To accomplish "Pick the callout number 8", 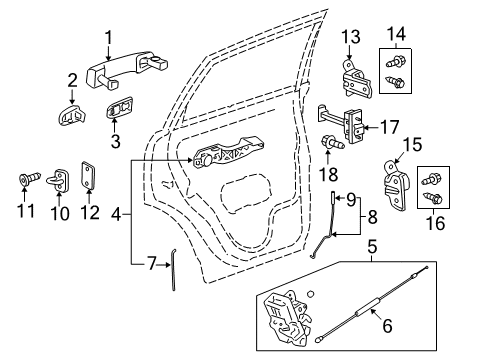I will pyautogui.click(x=373, y=215).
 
